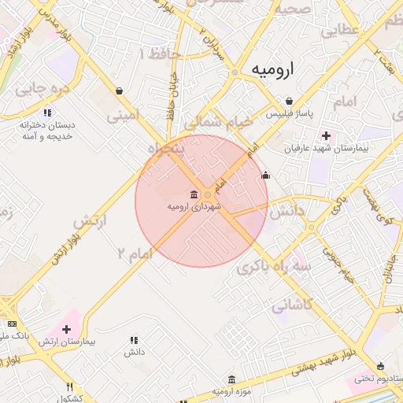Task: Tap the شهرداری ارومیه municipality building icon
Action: [194, 194]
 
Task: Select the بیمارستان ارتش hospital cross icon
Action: [66, 329]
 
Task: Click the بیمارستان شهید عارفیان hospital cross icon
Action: [327, 135]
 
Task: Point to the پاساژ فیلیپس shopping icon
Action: [290, 102]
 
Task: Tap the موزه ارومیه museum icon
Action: [231, 379]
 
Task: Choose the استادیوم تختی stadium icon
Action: [382, 366]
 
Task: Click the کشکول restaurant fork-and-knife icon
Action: [70, 386]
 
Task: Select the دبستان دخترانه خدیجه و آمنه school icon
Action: [48, 113]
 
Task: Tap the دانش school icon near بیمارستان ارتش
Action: [133, 340]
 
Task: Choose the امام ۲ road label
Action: [133, 253]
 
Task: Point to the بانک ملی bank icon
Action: [12, 324]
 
